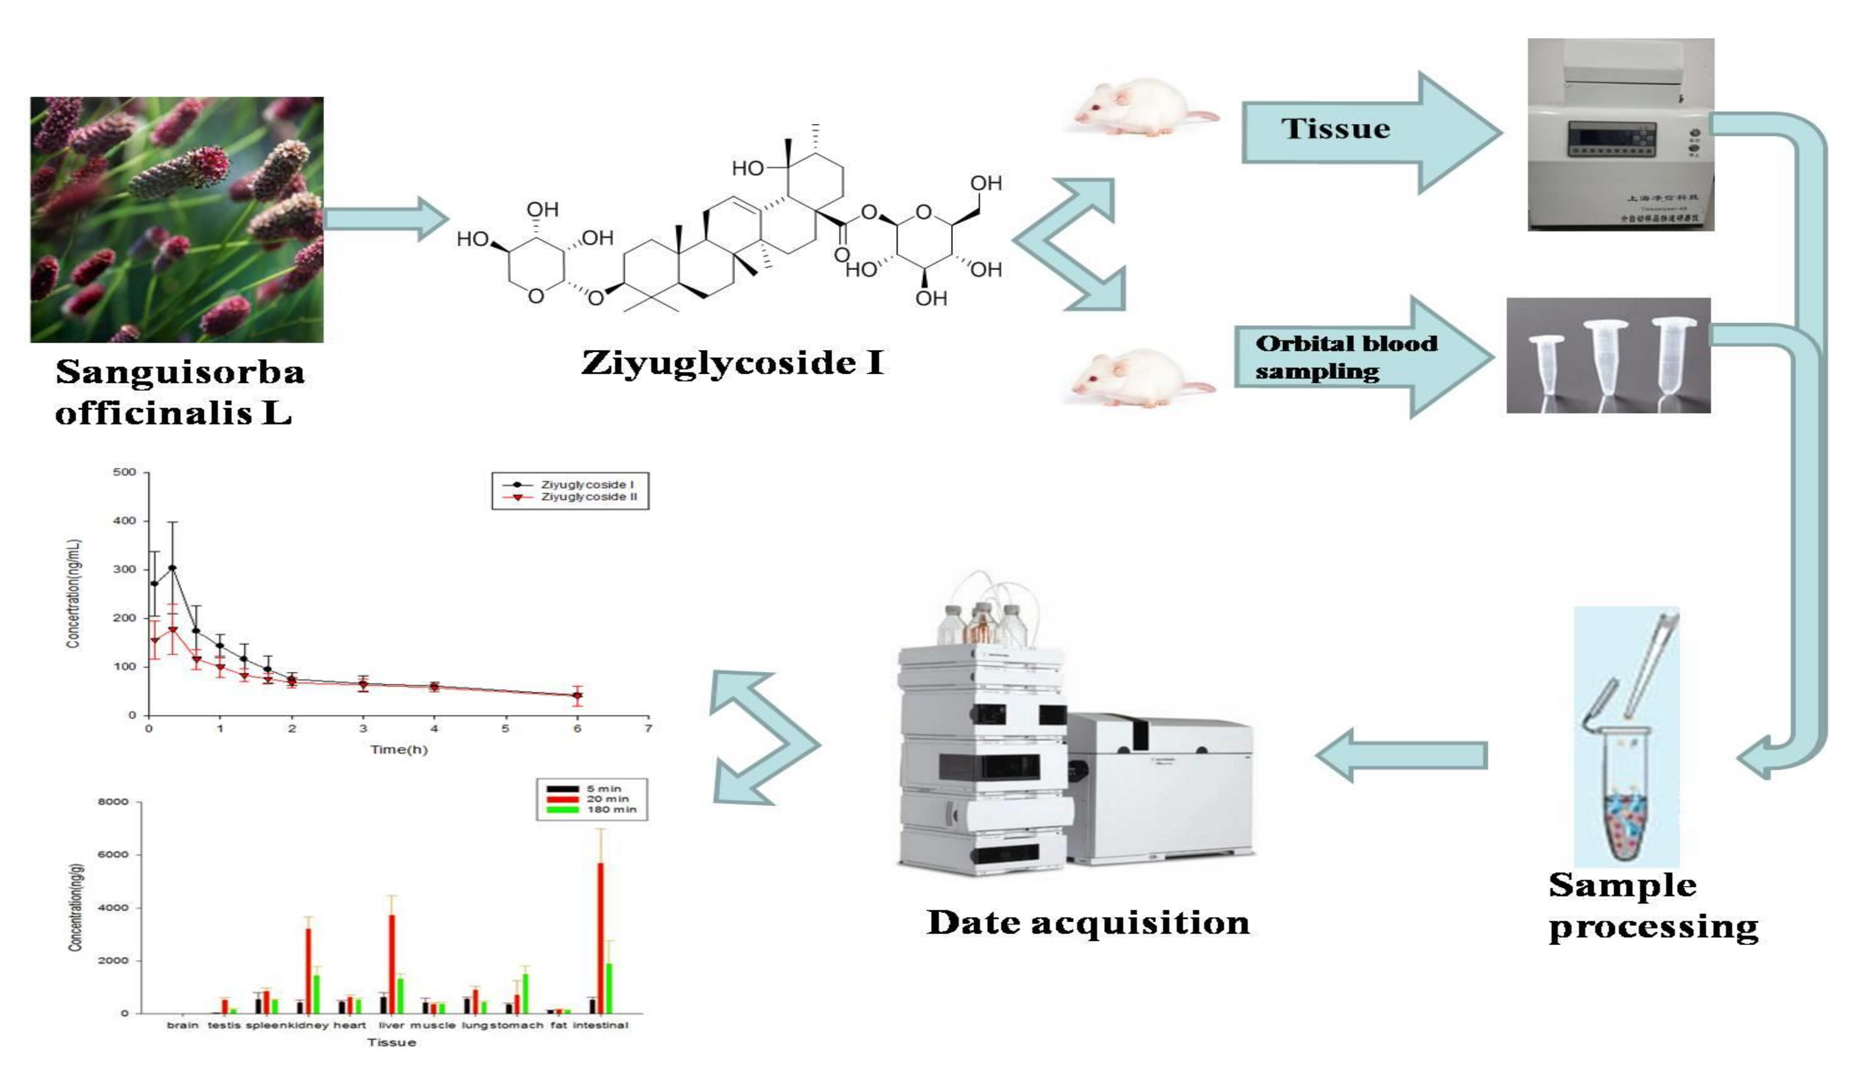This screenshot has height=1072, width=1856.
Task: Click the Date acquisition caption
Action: [1087, 923]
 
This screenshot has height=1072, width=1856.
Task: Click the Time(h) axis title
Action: [398, 749]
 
